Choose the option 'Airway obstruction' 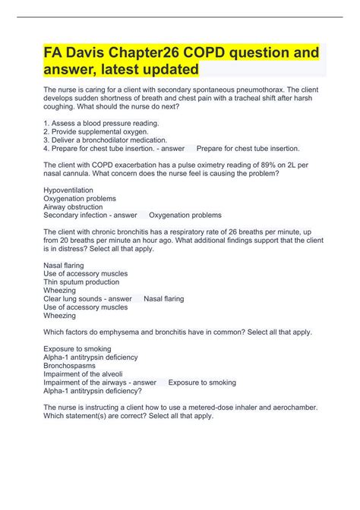tap(73, 206)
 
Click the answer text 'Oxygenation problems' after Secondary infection tap(185, 215)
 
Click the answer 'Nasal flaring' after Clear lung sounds tap(164, 298)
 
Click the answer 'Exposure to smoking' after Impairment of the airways tap(202, 382)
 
